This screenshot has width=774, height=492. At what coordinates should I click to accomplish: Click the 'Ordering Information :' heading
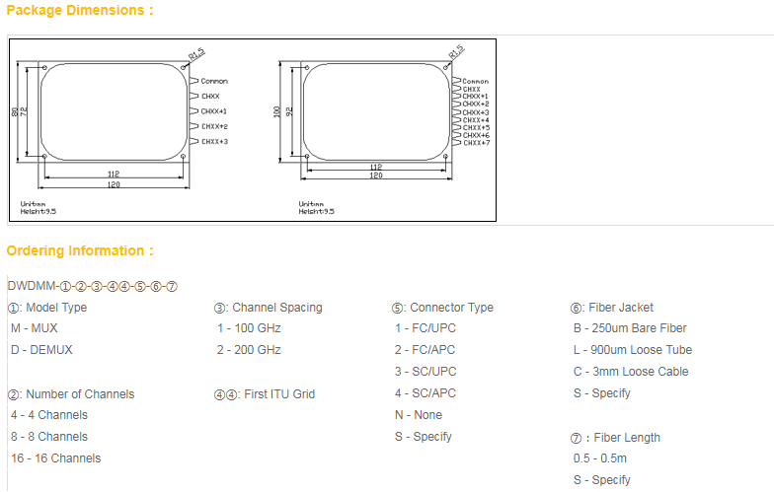(x=80, y=250)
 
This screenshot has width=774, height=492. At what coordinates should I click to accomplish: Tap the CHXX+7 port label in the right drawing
(x=477, y=143)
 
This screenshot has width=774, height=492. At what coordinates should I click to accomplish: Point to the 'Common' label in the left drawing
(x=214, y=81)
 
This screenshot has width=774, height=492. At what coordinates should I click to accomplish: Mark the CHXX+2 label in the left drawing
(x=214, y=126)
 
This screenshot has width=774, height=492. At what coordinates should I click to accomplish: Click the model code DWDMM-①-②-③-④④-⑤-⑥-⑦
(x=93, y=286)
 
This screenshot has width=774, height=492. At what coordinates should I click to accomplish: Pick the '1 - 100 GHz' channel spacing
(x=249, y=328)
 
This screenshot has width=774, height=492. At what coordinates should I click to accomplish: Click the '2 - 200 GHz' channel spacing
(x=249, y=350)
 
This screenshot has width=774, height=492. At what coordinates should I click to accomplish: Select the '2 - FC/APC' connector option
(x=426, y=350)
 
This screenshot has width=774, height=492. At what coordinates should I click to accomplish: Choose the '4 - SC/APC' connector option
(x=426, y=393)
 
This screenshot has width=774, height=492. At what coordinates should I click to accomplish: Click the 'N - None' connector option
(x=419, y=415)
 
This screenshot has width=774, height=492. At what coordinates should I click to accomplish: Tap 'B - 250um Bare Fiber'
(x=630, y=328)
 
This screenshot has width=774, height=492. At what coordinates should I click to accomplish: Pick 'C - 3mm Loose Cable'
(x=631, y=372)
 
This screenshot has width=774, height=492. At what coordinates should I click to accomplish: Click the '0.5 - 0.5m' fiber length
(x=600, y=458)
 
